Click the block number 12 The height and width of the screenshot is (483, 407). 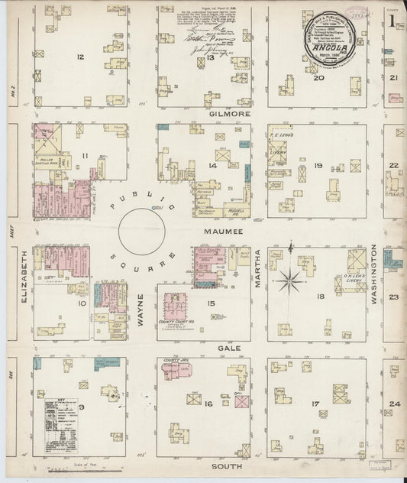click(79, 57)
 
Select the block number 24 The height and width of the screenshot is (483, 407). click(395, 404)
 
